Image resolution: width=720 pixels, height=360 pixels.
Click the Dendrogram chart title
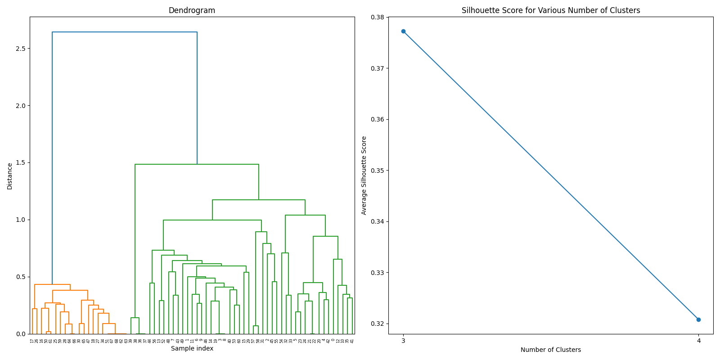pyautogui.click(x=192, y=10)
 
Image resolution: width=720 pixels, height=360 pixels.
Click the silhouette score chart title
pyautogui.click(x=550, y=10)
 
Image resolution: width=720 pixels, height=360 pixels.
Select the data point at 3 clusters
pyautogui.click(x=403, y=31)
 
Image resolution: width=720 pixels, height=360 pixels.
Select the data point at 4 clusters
pyautogui.click(x=698, y=319)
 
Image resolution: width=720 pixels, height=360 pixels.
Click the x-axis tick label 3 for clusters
pyautogui.click(x=403, y=341)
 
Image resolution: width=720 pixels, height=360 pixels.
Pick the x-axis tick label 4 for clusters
pyautogui.click(x=698, y=341)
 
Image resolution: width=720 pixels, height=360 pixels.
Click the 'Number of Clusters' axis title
pyautogui.click(x=550, y=350)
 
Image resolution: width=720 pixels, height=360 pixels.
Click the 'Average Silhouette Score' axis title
pyautogui.click(x=364, y=175)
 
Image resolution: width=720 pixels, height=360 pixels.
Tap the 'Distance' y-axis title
pyautogui.click(x=10, y=175)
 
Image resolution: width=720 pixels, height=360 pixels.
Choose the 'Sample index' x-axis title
pyautogui.click(x=192, y=348)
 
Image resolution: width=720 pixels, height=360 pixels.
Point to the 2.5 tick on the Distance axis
pyautogui.click(x=20, y=49)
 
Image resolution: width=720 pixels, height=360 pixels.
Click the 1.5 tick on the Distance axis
pyautogui.click(x=20, y=163)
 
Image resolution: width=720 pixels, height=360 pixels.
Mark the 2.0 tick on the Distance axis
pyautogui.click(x=20, y=106)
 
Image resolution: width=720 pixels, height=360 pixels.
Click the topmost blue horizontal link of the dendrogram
pyautogui.click(x=125, y=32)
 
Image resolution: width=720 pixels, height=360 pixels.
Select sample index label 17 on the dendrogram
pyautogui.click(x=32, y=341)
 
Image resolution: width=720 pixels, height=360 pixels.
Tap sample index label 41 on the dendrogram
pyautogui.click(x=352, y=341)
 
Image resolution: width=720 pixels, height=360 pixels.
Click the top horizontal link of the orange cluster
pyautogui.click(x=52, y=284)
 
